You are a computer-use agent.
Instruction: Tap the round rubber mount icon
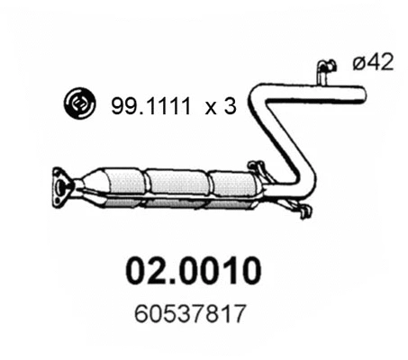click(x=79, y=106)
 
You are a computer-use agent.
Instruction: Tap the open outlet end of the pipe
click(x=363, y=91)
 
